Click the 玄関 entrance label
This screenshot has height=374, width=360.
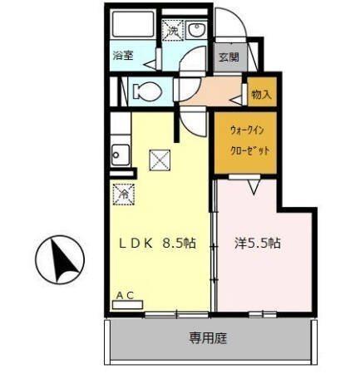click(229, 57)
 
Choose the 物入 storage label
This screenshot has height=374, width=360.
click(261, 95)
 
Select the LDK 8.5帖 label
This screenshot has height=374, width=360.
click(157, 244)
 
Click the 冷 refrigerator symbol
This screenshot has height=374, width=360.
click(121, 194)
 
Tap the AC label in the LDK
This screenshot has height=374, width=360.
click(125, 295)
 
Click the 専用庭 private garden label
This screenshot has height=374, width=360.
click(209, 338)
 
